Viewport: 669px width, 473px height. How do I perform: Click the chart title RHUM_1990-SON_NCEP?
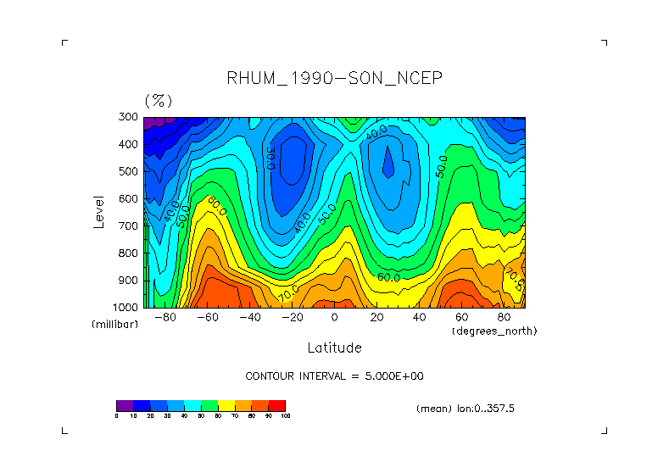click(334, 79)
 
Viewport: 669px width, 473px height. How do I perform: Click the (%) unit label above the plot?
click(159, 101)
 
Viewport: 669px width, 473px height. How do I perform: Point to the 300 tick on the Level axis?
click(129, 117)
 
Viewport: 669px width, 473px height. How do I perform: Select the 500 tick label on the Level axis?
click(129, 171)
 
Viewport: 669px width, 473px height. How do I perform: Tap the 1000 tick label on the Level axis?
click(126, 307)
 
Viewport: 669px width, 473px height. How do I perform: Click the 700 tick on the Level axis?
click(129, 225)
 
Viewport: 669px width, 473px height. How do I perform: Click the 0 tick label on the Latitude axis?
click(334, 318)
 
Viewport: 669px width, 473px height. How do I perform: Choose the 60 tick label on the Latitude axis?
click(461, 318)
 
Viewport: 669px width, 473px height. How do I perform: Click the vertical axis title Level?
click(98, 212)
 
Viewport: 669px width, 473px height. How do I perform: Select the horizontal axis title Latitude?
click(334, 348)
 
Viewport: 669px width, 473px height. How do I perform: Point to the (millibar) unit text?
click(115, 325)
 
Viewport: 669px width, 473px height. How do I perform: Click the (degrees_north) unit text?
click(494, 330)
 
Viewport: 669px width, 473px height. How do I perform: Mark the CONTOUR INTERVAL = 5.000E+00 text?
click(334, 376)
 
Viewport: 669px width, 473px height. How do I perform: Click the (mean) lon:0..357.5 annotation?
click(466, 408)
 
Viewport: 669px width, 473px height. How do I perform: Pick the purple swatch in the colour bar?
click(125, 405)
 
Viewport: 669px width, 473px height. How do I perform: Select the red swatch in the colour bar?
click(277, 405)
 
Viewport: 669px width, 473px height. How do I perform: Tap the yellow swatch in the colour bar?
click(226, 405)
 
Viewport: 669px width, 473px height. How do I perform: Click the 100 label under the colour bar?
click(285, 415)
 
